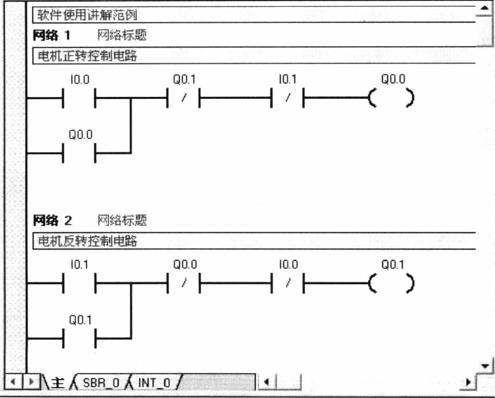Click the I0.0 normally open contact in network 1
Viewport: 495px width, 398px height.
(79, 99)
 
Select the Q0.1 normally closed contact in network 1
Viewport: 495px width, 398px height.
(183, 99)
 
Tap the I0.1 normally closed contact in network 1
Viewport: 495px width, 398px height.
(287, 99)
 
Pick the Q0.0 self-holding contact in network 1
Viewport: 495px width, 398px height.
(79, 153)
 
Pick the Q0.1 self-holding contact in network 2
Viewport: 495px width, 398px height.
(79, 339)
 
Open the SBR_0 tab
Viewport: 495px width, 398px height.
(101, 383)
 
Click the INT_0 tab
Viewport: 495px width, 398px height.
(154, 383)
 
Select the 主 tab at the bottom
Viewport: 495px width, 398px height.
(58, 383)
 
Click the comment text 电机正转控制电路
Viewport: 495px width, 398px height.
(87, 56)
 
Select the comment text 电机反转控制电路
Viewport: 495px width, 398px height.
(87, 241)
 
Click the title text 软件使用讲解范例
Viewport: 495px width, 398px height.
(87, 16)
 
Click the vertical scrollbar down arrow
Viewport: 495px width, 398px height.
(484, 366)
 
